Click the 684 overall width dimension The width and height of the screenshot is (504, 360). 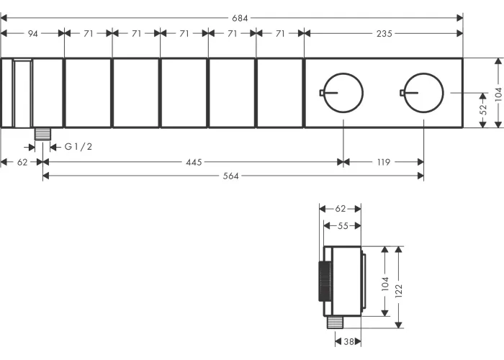pyautogui.click(x=240, y=18)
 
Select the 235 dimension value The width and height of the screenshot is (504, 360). pyautogui.click(x=384, y=33)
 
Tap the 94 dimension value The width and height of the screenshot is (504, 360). pyautogui.click(x=33, y=33)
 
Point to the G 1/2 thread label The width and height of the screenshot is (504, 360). pyautogui.click(x=78, y=147)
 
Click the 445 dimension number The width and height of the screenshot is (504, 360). pyautogui.click(x=194, y=162)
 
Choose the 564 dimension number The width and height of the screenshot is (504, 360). pyautogui.click(x=231, y=176)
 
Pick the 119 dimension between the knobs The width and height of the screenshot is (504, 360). pyautogui.click(x=384, y=162)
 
